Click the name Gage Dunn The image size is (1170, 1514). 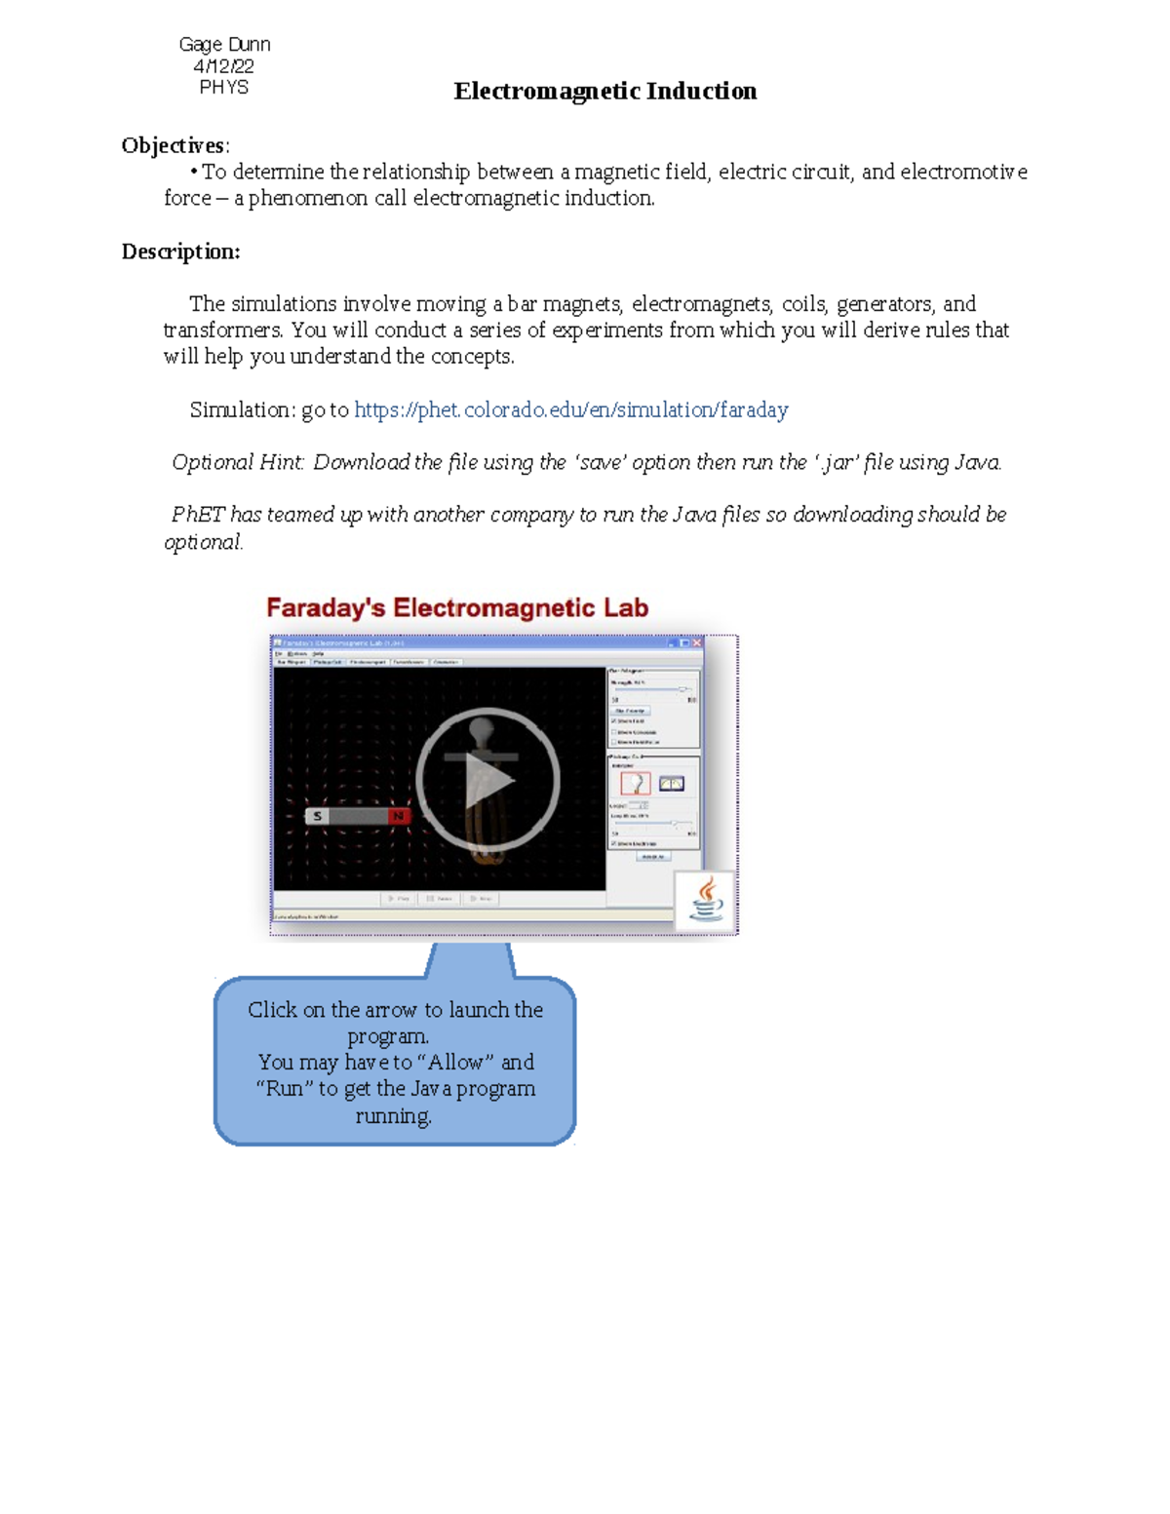point(224,44)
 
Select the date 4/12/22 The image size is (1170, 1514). point(223,66)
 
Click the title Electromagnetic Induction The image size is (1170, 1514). point(604,92)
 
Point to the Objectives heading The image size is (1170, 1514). point(174,146)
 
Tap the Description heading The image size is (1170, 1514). point(180,252)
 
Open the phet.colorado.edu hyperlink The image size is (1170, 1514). point(570,410)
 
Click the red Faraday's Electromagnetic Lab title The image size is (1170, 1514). point(456,608)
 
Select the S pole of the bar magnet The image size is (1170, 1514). point(318,816)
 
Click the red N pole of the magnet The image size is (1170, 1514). point(398,816)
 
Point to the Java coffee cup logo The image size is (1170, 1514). point(706,900)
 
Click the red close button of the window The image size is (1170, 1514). point(697,643)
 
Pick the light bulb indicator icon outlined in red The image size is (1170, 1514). point(636,783)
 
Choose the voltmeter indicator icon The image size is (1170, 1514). point(672,783)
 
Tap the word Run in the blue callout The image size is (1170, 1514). point(285,1089)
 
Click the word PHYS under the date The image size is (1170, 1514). point(223,88)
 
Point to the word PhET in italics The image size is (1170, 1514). point(198,515)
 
